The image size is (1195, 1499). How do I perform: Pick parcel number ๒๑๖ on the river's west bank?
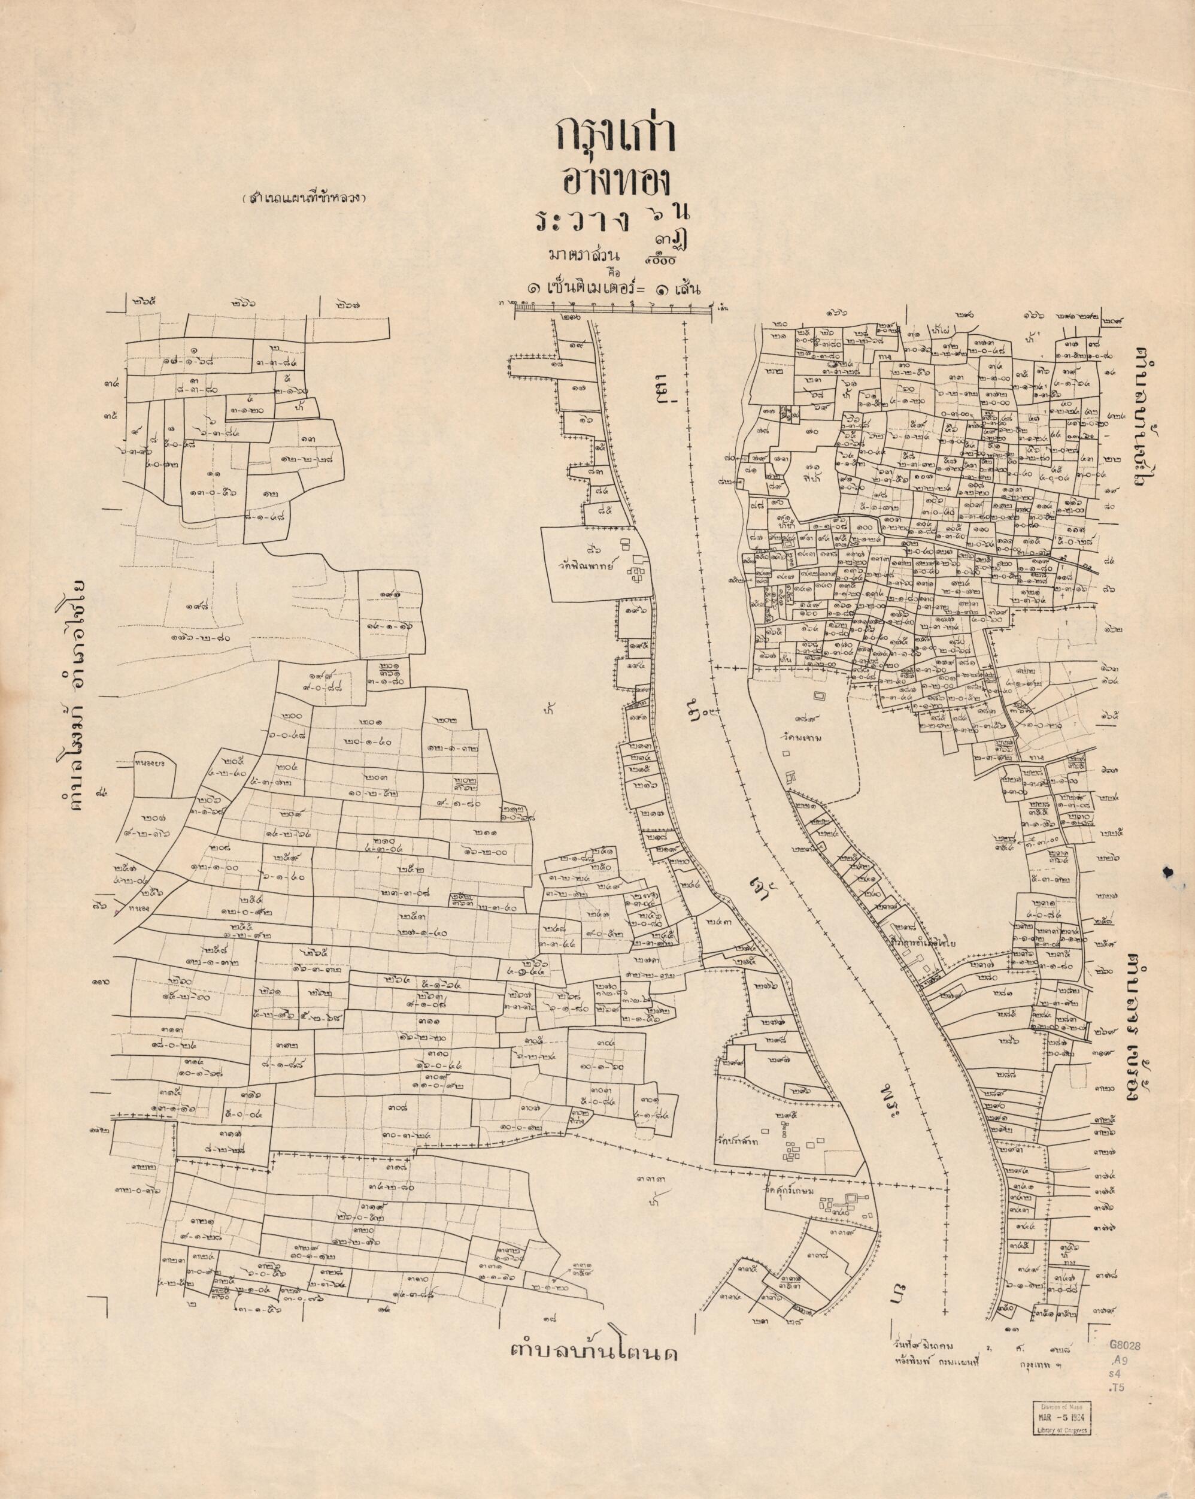(x=643, y=785)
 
